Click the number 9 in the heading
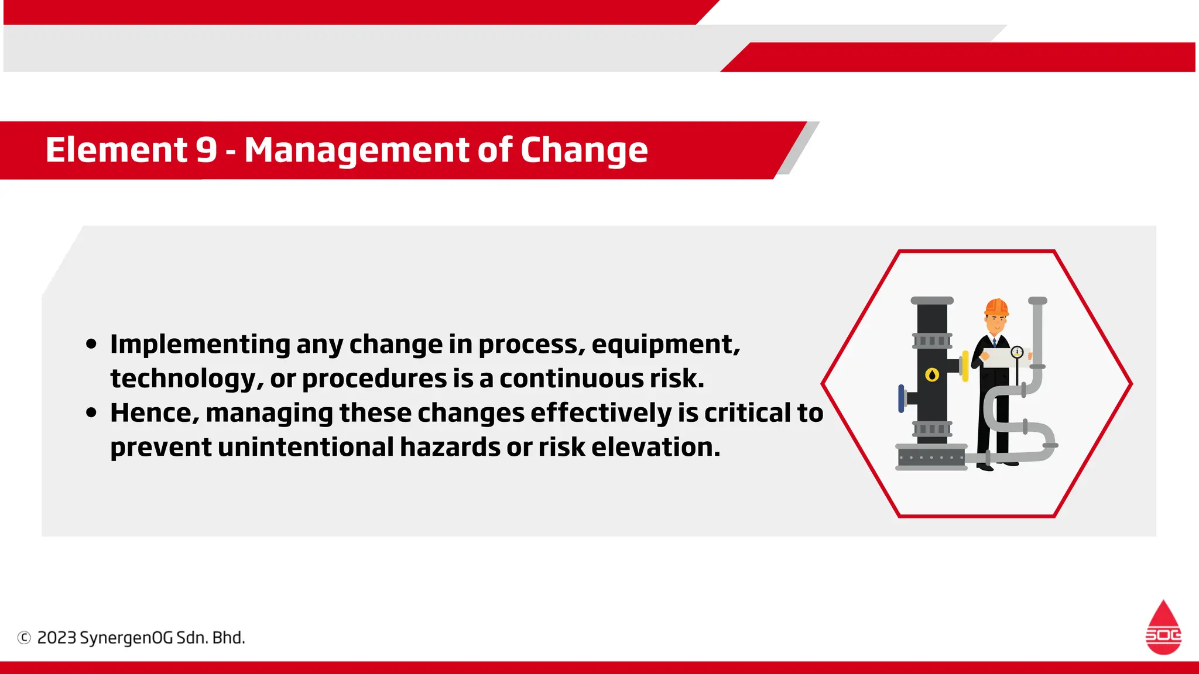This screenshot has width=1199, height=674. (206, 150)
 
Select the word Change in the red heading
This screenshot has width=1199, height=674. (584, 150)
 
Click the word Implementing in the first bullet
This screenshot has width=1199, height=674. (200, 345)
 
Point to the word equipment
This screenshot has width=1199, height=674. (666, 345)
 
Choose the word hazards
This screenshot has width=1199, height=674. (450, 448)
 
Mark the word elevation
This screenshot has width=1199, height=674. (655, 448)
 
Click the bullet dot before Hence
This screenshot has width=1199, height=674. (91, 413)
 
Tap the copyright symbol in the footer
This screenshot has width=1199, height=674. (24, 638)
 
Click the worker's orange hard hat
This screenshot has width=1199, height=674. (996, 307)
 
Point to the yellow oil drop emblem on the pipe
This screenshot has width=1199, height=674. (932, 374)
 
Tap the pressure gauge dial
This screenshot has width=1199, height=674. (1017, 352)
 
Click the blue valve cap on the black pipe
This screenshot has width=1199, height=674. (901, 398)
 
